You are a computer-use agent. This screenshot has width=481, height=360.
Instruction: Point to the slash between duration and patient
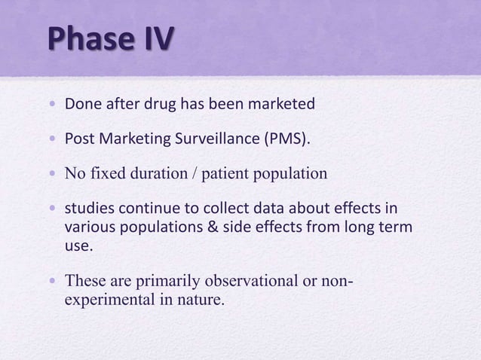[x=194, y=174]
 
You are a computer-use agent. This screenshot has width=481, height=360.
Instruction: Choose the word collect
[x=204, y=209]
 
